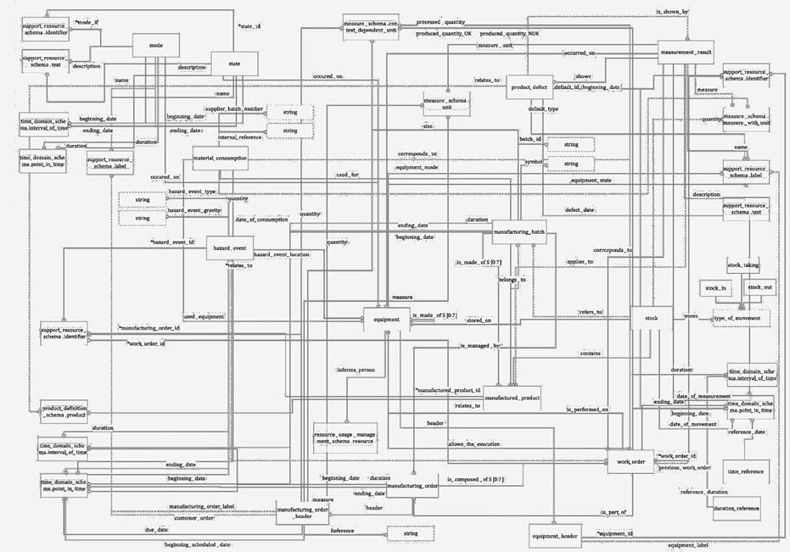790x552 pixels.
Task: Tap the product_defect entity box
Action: pyautogui.click(x=529, y=86)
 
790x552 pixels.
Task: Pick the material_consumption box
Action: pyautogui.click(x=220, y=158)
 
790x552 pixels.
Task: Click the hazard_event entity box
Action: pyautogui.click(x=229, y=248)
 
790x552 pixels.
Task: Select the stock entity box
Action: pyautogui.click(x=652, y=318)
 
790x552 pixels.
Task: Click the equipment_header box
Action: pyautogui.click(x=555, y=536)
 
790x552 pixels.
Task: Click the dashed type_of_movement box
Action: pyautogui.click(x=741, y=317)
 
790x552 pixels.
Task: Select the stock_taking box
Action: pyautogui.click(x=743, y=265)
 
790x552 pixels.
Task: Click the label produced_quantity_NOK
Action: pyautogui.click(x=509, y=33)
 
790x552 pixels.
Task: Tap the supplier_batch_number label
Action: pyautogui.click(x=235, y=109)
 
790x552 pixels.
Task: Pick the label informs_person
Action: pyautogui.click(x=356, y=371)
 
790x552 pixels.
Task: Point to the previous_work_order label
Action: pyautogui.click(x=685, y=467)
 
